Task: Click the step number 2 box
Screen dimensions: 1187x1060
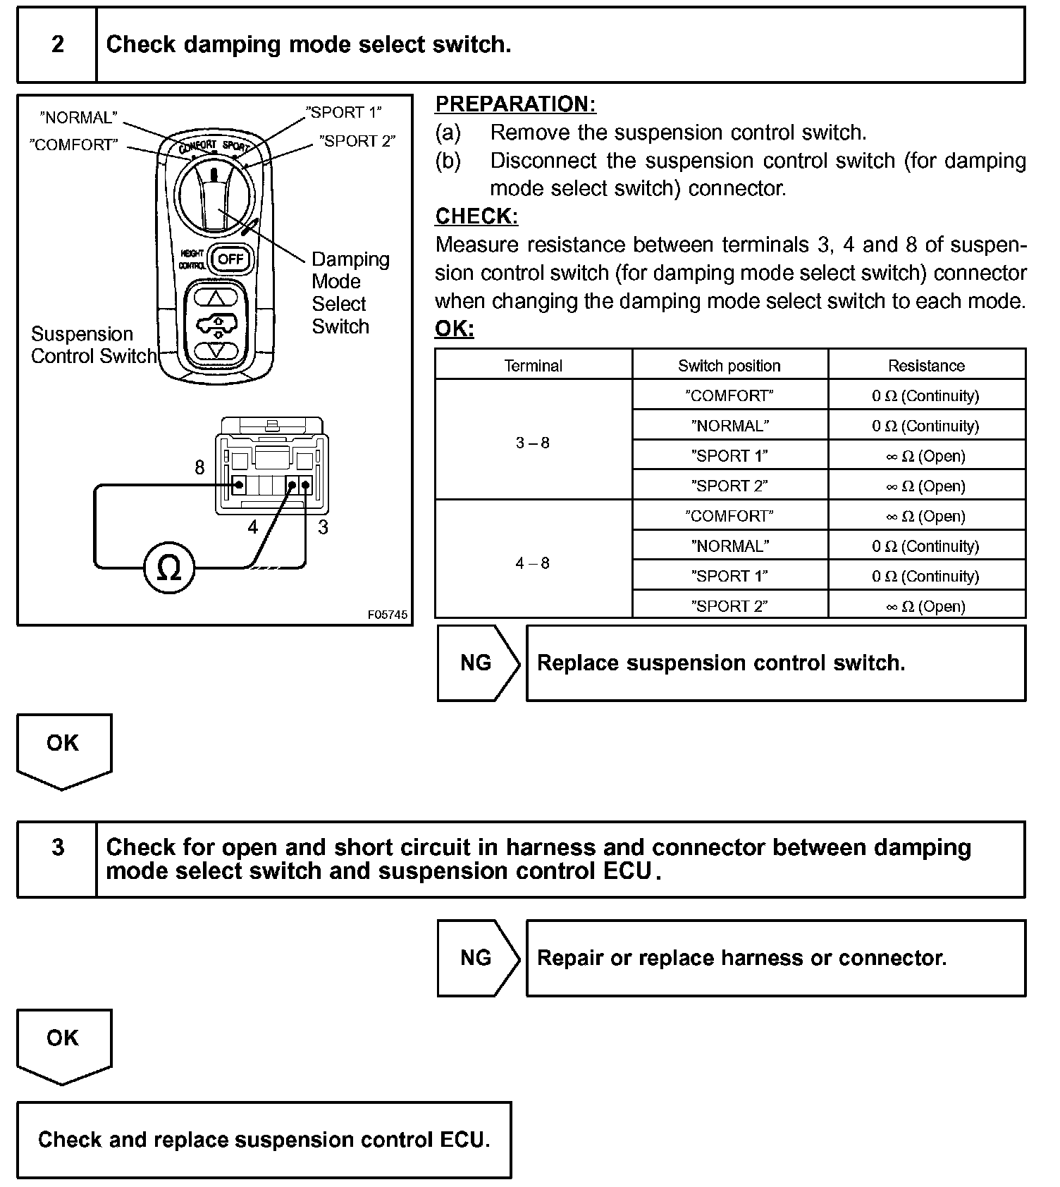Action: (57, 45)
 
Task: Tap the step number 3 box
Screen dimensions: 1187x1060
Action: (57, 859)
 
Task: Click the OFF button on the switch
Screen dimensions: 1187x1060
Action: (230, 259)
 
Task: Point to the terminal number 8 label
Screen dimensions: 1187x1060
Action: (199, 467)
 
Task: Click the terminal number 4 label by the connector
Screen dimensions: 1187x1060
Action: (252, 527)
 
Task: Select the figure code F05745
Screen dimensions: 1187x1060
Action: (387, 615)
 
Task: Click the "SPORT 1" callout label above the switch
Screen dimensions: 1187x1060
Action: (344, 113)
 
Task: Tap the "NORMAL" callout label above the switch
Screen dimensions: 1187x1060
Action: (78, 118)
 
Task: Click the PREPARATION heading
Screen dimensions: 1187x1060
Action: (515, 104)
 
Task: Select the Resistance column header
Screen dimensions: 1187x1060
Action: (926, 365)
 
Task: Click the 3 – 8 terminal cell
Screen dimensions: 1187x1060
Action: (533, 443)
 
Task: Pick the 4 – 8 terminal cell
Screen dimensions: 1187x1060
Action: (533, 562)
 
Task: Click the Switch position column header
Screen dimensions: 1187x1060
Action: (729, 365)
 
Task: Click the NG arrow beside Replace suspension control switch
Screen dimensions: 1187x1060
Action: (477, 663)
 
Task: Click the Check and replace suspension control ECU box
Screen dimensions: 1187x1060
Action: (264, 1139)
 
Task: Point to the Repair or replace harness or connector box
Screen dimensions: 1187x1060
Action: (775, 957)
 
